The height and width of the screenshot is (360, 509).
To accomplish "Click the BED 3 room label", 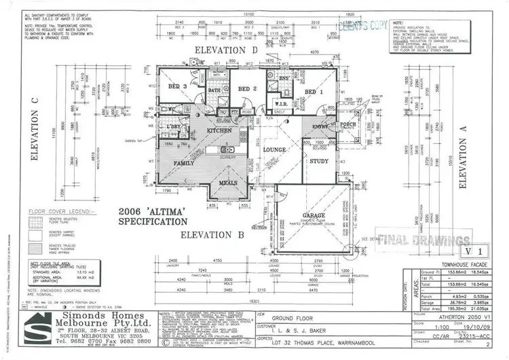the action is tap(177, 86).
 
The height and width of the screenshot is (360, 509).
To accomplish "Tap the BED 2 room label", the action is tap(245, 89).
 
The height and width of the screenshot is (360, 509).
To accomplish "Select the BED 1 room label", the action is tap(313, 92).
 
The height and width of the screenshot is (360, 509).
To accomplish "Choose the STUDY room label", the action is tap(319, 162).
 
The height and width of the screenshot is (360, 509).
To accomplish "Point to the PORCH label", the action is tap(348, 124).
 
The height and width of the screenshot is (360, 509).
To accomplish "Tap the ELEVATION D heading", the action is tap(228, 50).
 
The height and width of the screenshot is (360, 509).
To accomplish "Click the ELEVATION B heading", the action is tap(213, 235).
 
